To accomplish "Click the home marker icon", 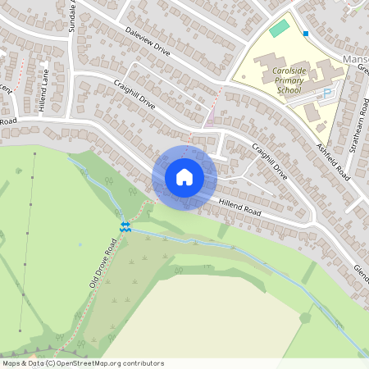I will [184, 176].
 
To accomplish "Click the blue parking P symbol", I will [329, 93].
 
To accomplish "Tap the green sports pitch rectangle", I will [280, 29].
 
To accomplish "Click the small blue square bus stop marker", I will [306, 34].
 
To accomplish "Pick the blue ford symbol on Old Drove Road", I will [125, 226].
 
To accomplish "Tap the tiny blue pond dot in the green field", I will [80, 244].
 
